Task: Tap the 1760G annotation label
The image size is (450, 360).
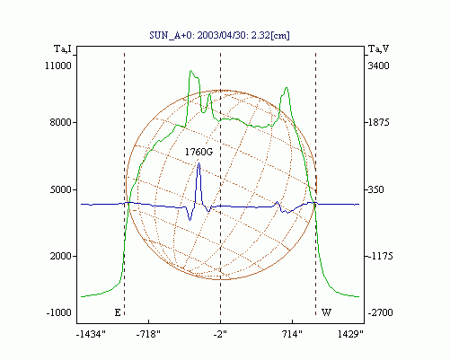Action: [199, 152]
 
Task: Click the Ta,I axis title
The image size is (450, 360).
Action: [63, 48]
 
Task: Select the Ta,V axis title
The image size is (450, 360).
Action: [378, 48]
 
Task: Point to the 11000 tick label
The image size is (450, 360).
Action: [58, 66]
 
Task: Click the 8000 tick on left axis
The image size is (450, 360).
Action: [61, 122]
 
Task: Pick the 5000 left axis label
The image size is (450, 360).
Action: [61, 189]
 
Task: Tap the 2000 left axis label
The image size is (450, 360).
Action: [61, 256]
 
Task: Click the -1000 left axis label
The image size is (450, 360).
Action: [59, 312]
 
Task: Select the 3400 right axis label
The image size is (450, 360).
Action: [378, 66]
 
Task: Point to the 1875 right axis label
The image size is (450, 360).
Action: [378, 122]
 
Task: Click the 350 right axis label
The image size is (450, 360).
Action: [375, 189]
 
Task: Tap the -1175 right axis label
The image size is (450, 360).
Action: [380, 256]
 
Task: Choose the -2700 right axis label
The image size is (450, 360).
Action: [380, 312]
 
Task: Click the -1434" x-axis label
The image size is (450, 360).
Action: [91, 334]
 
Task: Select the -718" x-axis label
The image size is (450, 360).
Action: [148, 334]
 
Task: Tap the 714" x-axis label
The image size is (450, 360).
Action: [292, 334]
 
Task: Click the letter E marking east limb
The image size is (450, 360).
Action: [118, 312]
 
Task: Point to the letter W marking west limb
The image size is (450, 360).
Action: [326, 312]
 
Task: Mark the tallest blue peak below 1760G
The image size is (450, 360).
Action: [199, 163]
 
